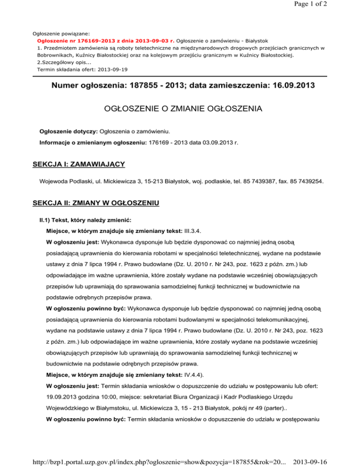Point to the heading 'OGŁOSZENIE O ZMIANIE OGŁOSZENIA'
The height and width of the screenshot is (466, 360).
[180, 110]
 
